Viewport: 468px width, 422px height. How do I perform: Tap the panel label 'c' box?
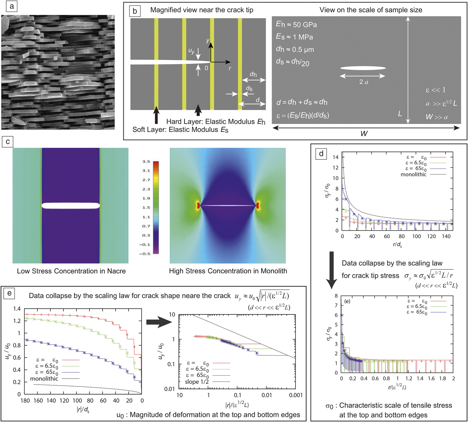coord(8,142)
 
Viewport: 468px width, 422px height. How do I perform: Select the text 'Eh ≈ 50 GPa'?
coord(296,25)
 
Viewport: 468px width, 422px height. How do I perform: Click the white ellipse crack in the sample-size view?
coord(363,68)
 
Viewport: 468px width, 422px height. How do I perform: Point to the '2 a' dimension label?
coord(363,82)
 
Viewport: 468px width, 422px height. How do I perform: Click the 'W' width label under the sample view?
coord(364,133)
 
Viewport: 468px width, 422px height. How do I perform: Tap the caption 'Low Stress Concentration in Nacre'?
coord(71,271)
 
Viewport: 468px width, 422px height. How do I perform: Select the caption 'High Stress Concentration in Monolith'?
coord(228,271)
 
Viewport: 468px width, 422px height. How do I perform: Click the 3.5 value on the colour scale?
coord(146,162)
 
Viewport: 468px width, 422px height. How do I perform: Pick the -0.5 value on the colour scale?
coord(145,253)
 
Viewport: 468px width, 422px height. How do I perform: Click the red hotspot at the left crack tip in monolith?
coord(198,206)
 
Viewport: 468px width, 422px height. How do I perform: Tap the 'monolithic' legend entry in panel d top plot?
coord(413,175)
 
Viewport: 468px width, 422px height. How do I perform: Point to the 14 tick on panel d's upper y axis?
coord(335,157)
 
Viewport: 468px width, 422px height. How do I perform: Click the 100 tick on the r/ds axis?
coord(417,236)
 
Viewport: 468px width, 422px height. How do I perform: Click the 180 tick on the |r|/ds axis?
coord(25,401)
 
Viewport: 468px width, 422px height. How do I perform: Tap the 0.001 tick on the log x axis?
coord(296,395)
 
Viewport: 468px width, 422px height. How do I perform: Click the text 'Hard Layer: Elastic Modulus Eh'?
coord(216,122)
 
